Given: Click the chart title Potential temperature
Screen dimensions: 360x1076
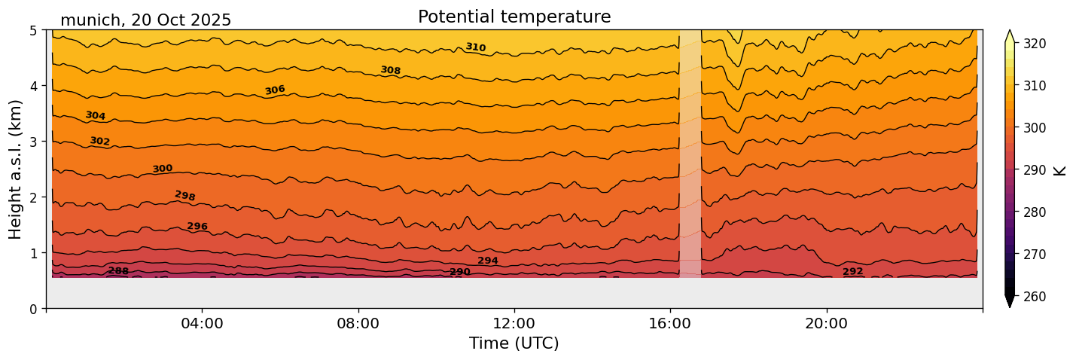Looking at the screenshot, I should pyautogui.click(x=514, y=17).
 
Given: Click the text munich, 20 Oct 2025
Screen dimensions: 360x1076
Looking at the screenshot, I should pyautogui.click(x=145, y=20).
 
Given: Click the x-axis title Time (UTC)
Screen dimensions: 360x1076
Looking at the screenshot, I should pyautogui.click(x=514, y=343).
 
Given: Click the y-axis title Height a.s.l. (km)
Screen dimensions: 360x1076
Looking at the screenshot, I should pyautogui.click(x=16, y=169).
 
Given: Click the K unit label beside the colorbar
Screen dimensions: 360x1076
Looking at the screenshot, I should pyautogui.click(x=1060, y=170).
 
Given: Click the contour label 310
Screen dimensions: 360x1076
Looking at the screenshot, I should pyautogui.click(x=475, y=47).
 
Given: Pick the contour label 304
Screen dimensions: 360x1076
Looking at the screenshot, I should pyautogui.click(x=95, y=116).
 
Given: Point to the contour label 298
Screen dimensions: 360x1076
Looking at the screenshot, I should pyautogui.click(x=184, y=196).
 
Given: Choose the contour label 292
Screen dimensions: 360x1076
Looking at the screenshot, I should pyautogui.click(x=852, y=272).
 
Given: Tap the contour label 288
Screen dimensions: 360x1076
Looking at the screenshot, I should pyautogui.click(x=118, y=271).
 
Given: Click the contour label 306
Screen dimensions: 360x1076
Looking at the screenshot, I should pyautogui.click(x=275, y=90).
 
